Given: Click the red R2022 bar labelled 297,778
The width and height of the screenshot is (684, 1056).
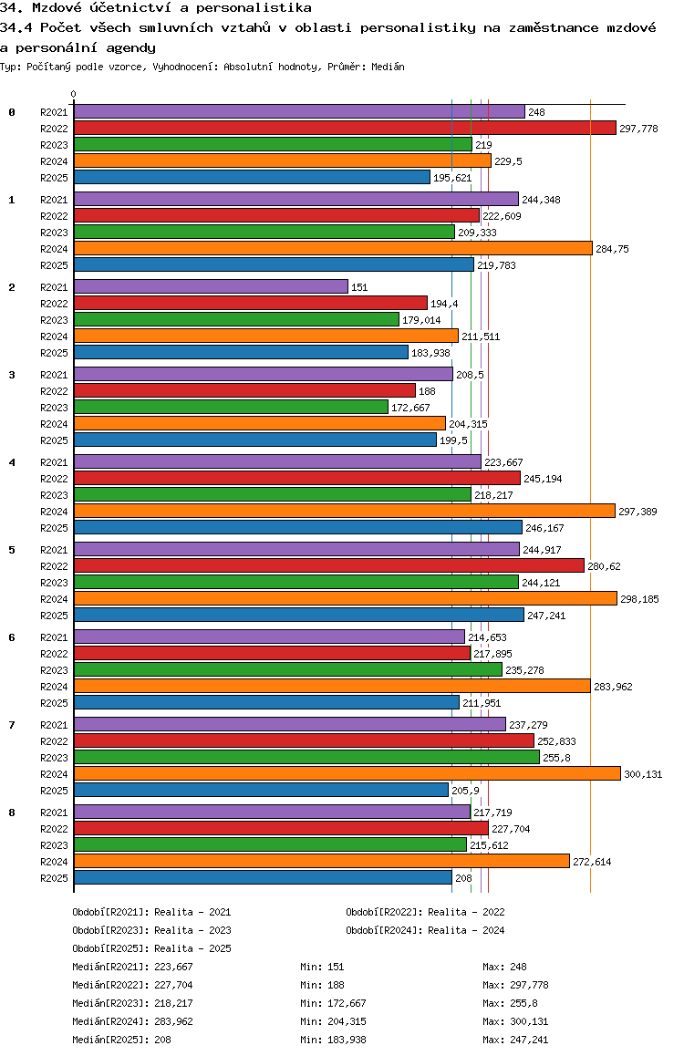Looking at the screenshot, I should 345,129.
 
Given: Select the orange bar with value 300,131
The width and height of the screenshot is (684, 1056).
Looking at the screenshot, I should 347,773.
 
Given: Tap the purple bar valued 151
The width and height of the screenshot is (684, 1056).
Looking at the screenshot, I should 211,286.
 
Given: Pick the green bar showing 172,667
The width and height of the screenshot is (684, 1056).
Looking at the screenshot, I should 231,407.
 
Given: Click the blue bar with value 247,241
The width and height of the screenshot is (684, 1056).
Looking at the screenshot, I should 298,615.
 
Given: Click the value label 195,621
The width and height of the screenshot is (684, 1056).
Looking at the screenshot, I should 452,178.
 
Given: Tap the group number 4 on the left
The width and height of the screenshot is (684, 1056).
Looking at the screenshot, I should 12,462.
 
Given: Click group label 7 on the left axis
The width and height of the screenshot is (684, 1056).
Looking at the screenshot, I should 12,725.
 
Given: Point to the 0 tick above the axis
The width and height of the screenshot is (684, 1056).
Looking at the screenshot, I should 74,94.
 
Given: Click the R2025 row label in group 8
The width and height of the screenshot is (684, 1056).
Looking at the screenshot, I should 55,878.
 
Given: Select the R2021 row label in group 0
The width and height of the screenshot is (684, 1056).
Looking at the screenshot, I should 55,112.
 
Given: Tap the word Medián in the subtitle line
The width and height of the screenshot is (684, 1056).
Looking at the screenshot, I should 388,67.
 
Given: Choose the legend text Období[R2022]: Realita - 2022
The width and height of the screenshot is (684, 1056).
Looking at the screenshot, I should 425,912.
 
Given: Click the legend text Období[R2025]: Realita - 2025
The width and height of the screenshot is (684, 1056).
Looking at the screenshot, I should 151,948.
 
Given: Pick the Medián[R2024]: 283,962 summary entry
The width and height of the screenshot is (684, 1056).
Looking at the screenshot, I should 132,1021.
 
